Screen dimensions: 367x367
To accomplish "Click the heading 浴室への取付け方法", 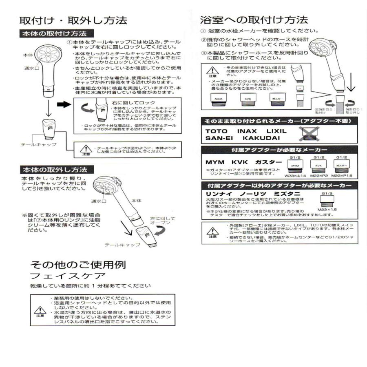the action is pos(254,20).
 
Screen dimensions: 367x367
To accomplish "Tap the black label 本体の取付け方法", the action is pos(57,33).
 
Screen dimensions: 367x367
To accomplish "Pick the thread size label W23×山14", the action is pos(296,175).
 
